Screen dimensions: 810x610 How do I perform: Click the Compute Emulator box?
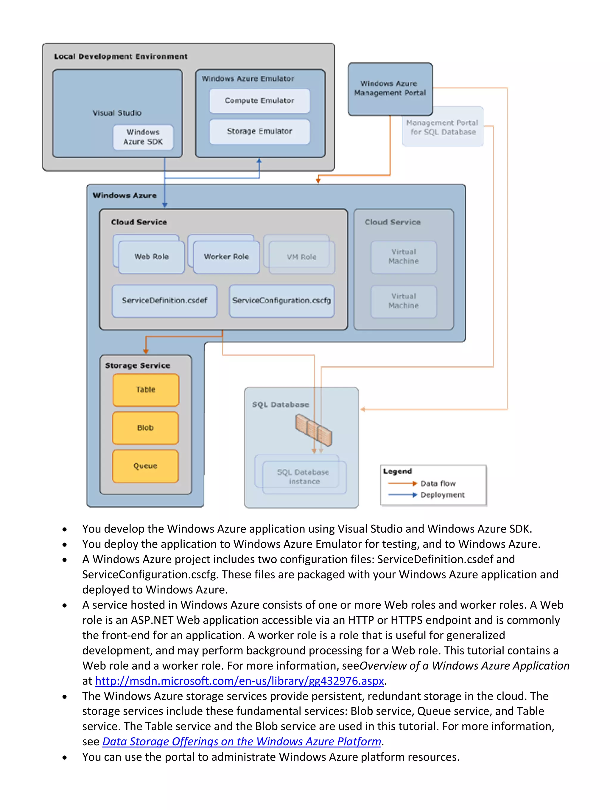(x=259, y=101)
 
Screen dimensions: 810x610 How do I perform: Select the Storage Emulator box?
(x=259, y=131)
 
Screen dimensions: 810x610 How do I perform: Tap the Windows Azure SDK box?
(x=143, y=137)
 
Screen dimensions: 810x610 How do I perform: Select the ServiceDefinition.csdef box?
(x=164, y=301)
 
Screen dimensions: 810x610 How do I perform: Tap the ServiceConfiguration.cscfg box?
(x=281, y=301)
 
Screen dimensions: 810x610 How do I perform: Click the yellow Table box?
(x=146, y=390)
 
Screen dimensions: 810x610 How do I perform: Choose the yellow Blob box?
(x=145, y=428)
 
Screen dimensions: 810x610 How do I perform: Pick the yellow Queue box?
(x=145, y=466)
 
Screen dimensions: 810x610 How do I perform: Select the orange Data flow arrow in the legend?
(x=402, y=483)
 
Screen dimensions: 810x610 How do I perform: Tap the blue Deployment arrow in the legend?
(x=402, y=495)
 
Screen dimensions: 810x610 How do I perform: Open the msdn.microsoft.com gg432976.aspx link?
(x=239, y=681)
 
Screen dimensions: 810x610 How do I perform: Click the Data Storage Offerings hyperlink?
(x=242, y=741)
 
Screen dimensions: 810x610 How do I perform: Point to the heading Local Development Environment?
(x=121, y=56)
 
